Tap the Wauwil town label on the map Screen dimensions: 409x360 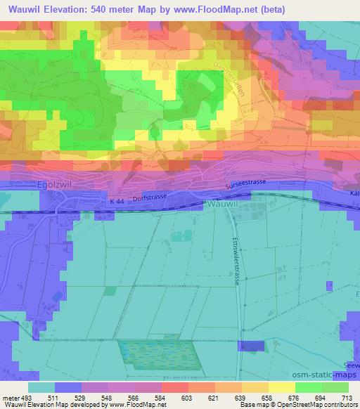click(x=224, y=203)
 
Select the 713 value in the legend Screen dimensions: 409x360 click(x=347, y=398)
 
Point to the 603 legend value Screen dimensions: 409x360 click(x=187, y=398)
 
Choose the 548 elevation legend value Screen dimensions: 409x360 click(x=107, y=398)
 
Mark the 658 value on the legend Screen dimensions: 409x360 click(x=267, y=398)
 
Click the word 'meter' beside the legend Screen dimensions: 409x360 click(x=9, y=398)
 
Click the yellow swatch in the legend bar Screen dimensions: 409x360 click(x=282, y=387)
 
